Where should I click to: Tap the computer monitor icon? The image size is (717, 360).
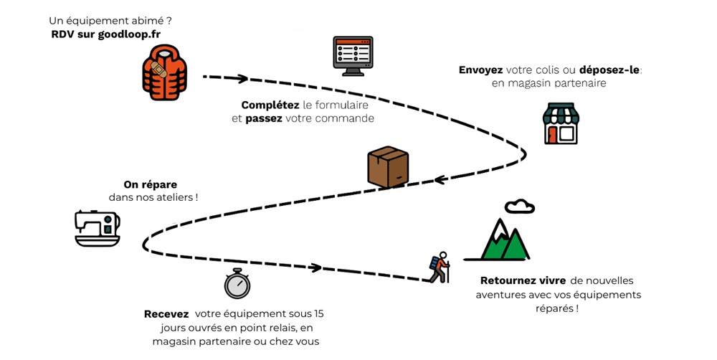click(x=353, y=56)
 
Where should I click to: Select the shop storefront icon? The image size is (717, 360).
click(x=560, y=123)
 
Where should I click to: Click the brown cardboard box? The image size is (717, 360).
click(x=387, y=168)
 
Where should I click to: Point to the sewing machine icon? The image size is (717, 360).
click(x=98, y=227)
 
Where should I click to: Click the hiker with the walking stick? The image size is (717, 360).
click(x=440, y=267)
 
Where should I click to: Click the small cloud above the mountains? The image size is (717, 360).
click(x=519, y=207)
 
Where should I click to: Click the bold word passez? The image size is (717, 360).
click(x=264, y=118)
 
